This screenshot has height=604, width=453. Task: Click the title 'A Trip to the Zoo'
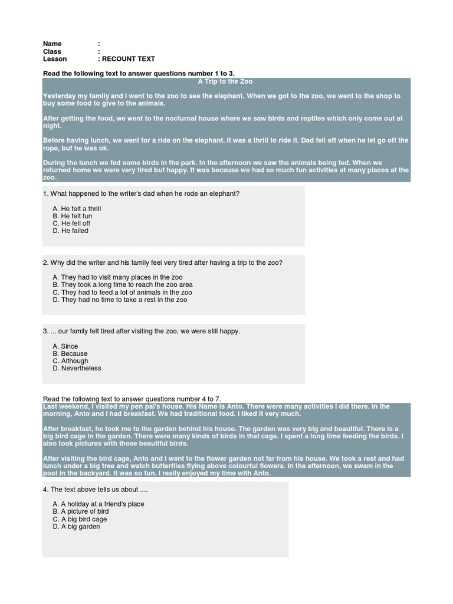coord(225,81)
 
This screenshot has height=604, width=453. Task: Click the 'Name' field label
coord(52,44)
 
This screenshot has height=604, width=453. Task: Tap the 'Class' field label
coord(52,52)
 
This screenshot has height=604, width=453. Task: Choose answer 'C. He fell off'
coord(71,224)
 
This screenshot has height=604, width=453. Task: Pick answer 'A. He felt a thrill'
coord(77,209)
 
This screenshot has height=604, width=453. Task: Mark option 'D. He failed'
coord(70,231)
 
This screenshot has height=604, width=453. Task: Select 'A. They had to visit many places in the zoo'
coord(117,277)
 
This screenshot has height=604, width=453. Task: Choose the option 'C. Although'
coord(70,361)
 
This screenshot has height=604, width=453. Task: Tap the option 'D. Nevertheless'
coord(77,368)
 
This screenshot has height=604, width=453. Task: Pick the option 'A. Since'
coord(65,346)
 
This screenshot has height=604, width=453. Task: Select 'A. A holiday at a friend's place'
coord(99,504)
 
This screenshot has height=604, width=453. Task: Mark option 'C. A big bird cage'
coord(80,519)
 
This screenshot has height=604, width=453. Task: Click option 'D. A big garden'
coord(76,527)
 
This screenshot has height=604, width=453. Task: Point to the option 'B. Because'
coord(70,354)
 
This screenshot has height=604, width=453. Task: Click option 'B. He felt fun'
coord(72,216)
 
